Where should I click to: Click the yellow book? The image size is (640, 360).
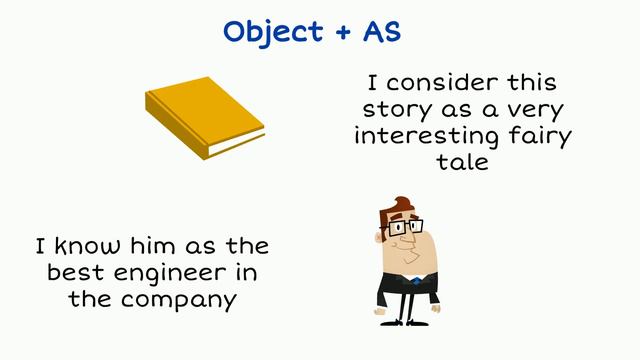click(x=201, y=112)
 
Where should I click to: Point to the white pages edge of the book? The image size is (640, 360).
click(x=236, y=143)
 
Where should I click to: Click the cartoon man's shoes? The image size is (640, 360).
click(x=407, y=319)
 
